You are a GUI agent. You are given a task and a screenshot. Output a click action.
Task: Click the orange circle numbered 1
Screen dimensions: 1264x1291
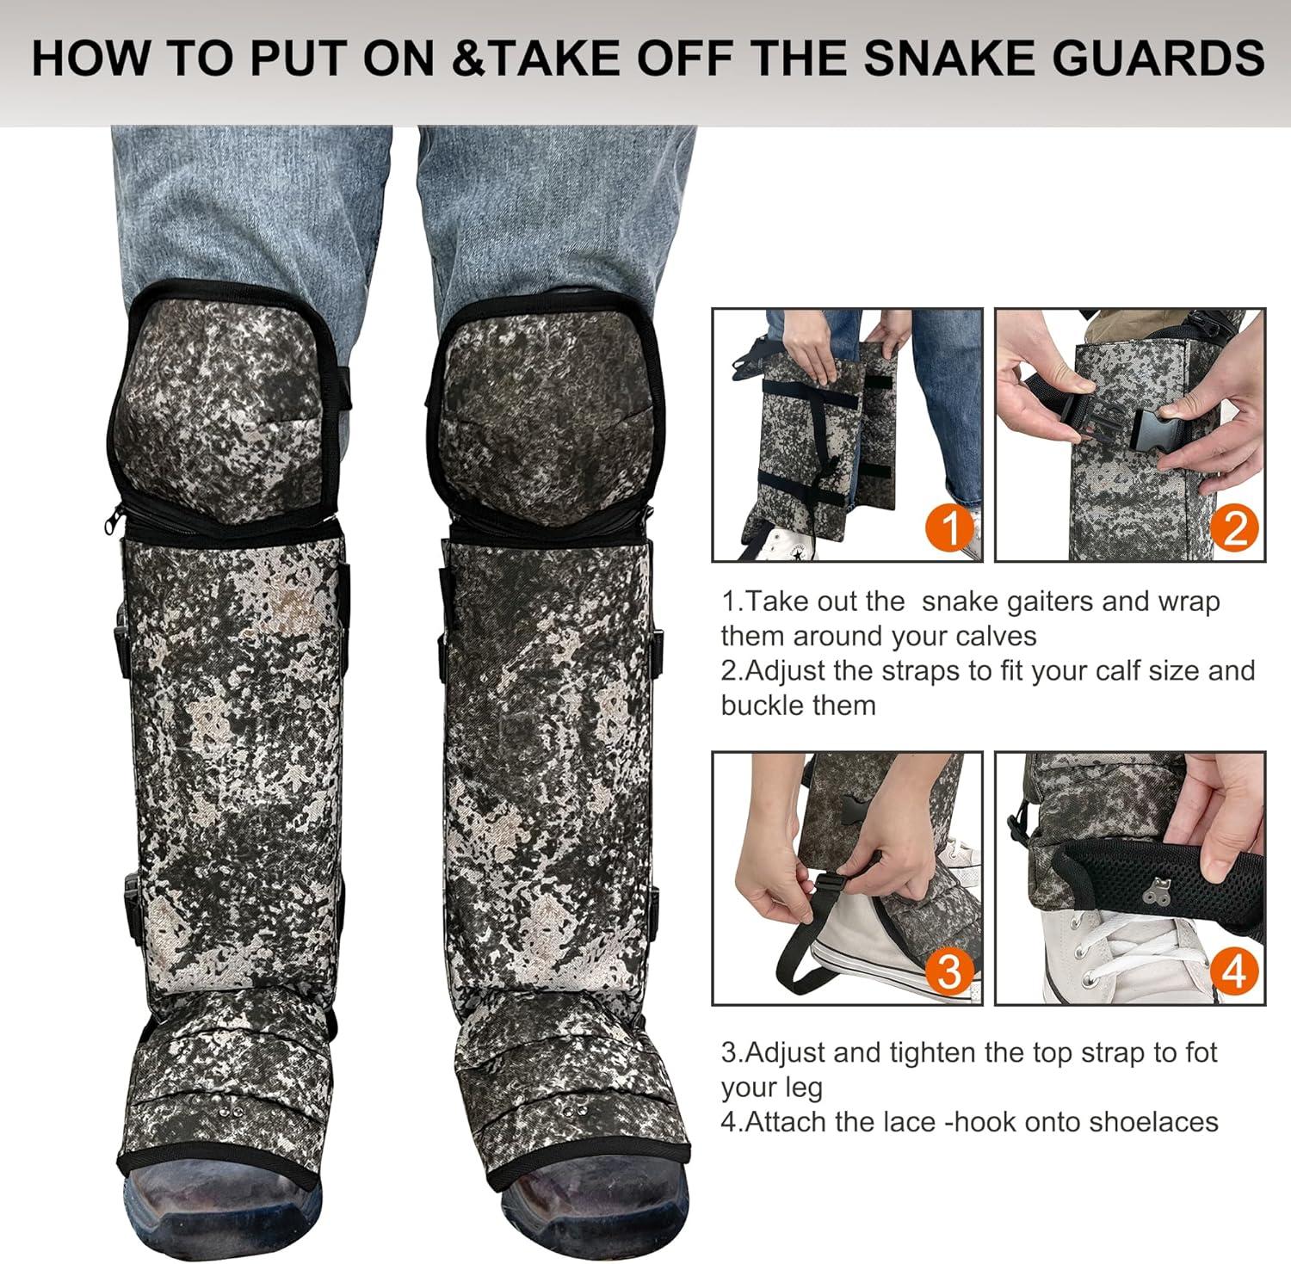(x=952, y=528)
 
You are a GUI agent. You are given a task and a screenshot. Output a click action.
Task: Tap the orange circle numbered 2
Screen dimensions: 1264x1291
(x=1233, y=528)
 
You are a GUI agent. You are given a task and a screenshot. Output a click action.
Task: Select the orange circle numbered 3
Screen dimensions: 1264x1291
(x=948, y=971)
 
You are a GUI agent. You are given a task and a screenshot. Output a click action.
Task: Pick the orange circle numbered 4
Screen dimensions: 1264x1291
(x=1234, y=971)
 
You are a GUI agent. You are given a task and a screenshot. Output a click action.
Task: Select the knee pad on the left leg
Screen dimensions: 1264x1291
(x=225, y=404)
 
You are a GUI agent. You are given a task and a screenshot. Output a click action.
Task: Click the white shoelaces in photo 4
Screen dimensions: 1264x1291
(x=1110, y=946)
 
